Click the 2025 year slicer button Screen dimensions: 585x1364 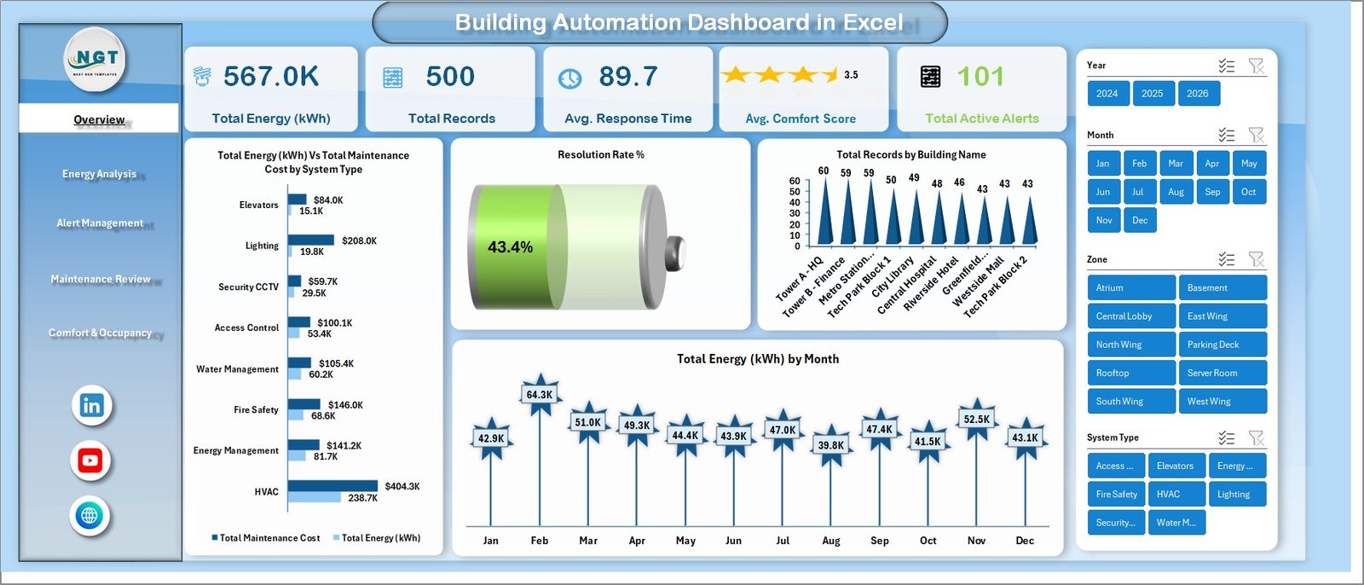pos(1152,94)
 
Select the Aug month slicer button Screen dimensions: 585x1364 pos(1176,192)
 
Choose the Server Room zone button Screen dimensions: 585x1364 pos(1222,373)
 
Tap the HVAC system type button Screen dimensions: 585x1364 pos(1176,494)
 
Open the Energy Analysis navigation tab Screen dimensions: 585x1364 pos(99,174)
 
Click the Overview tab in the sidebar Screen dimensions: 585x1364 pos(99,119)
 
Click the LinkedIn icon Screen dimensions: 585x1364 pos(91,405)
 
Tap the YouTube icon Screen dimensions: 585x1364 pos(90,460)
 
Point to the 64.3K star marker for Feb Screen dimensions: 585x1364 pos(540,395)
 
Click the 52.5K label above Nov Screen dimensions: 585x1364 pos(976,420)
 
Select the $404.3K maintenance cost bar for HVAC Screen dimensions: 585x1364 pos(332,486)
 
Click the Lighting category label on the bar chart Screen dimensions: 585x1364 pos(262,246)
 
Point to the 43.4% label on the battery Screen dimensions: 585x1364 pos(510,247)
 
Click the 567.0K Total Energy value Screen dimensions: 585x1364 pos(271,77)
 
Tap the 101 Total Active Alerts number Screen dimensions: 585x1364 pos(980,77)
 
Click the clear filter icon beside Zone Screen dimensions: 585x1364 pos(1256,259)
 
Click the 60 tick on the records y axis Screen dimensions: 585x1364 pos(795,181)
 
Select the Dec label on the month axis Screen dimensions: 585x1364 pos(1025,541)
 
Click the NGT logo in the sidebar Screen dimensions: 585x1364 pos(96,59)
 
